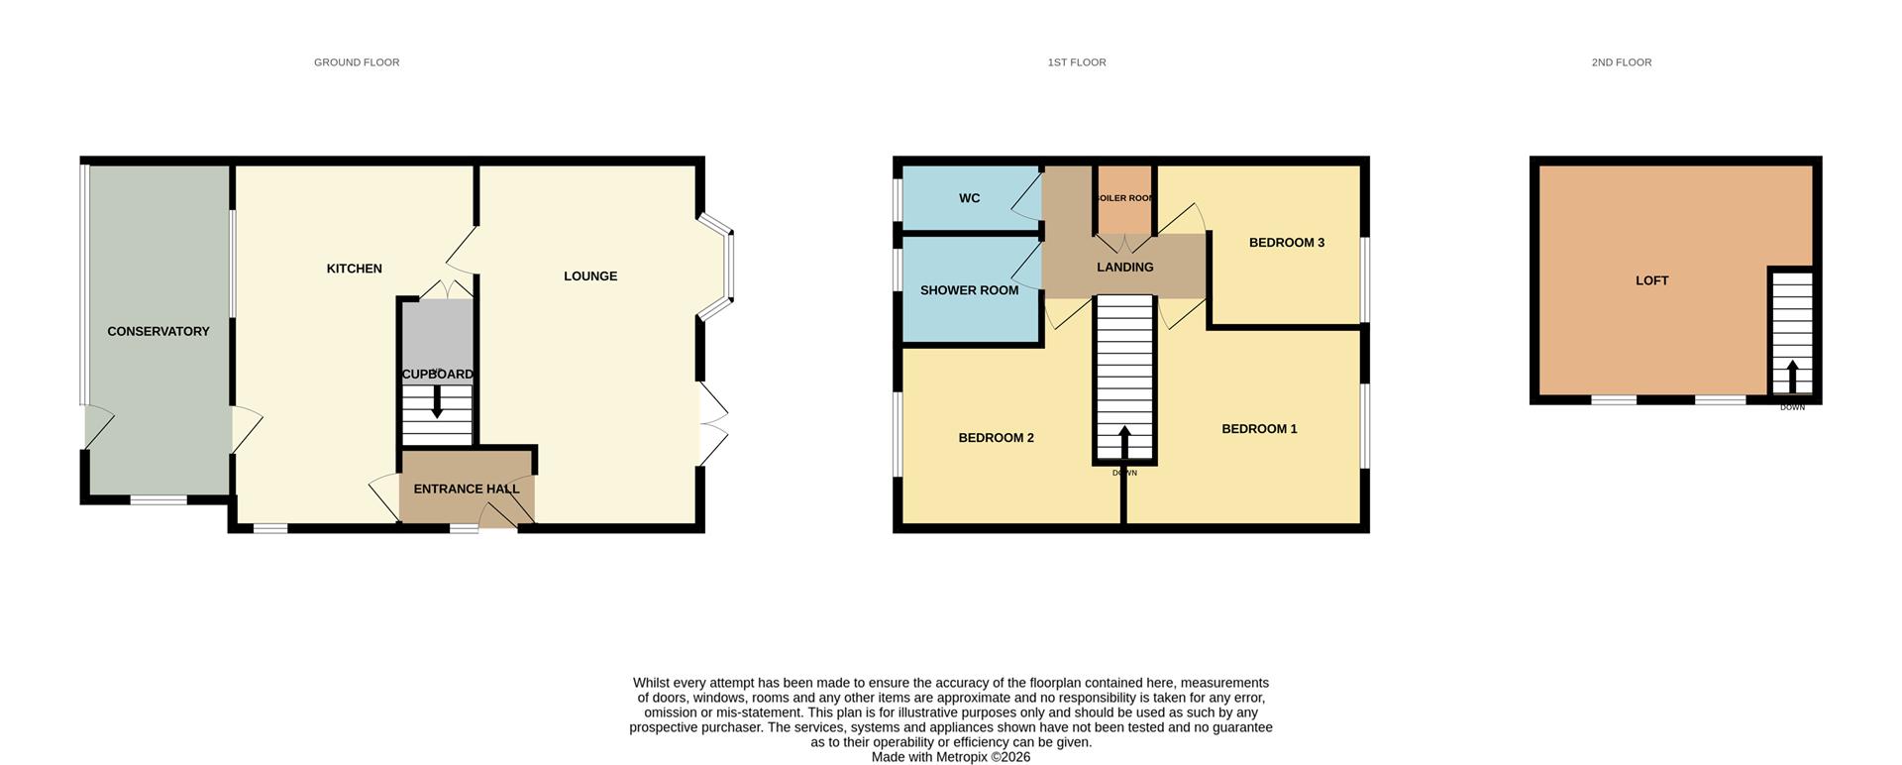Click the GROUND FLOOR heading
point(357,62)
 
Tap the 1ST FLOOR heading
point(1077,62)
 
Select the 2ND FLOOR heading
point(1622,62)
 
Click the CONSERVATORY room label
point(158,332)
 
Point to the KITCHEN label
point(355,269)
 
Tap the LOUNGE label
point(590,276)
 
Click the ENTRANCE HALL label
point(466,489)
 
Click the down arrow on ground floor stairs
point(437,401)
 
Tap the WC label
point(969,198)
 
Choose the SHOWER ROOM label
point(969,290)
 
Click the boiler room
point(1125,198)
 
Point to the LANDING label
point(1125,268)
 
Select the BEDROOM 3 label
point(1286,243)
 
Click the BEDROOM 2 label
point(996,438)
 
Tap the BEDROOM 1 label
point(1259,429)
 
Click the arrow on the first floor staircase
point(1124,442)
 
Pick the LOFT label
point(1651,281)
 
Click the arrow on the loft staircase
point(1792,377)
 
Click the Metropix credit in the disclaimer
point(950,757)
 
